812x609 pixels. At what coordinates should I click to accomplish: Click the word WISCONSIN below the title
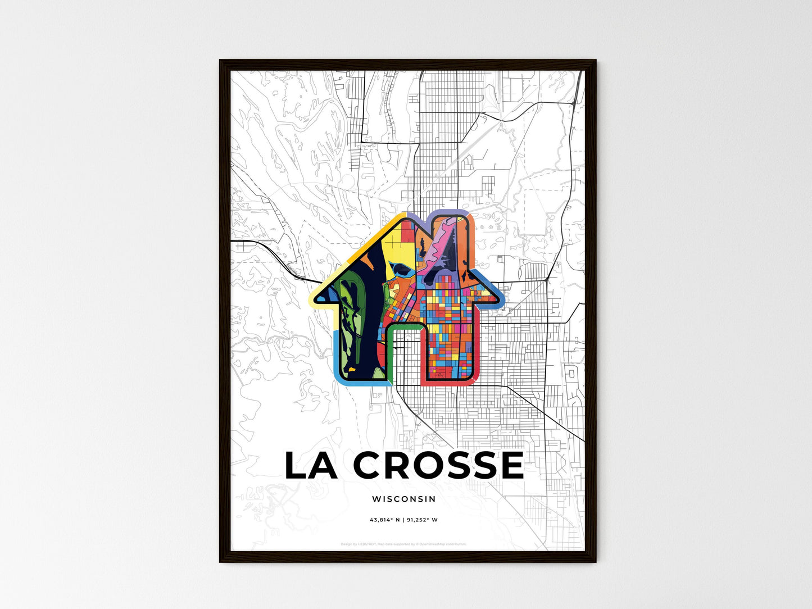click(x=403, y=499)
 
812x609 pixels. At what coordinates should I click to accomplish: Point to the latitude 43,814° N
click(x=384, y=520)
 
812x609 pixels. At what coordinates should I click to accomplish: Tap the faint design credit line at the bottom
click(x=403, y=544)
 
